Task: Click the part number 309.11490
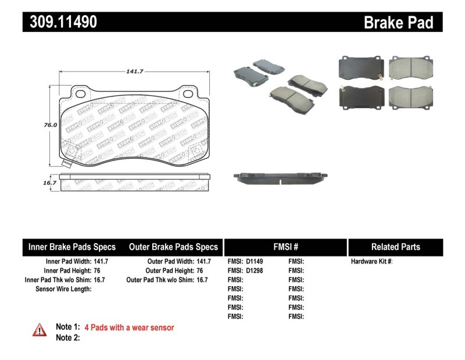click(60, 22)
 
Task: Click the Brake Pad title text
click(398, 23)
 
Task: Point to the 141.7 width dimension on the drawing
click(135, 71)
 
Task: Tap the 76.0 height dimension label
click(50, 124)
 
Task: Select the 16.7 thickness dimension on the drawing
click(50, 183)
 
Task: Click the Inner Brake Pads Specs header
click(72, 247)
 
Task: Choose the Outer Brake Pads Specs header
click(173, 247)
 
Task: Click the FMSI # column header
click(285, 247)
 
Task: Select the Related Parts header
click(395, 247)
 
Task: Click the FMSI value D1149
click(255, 262)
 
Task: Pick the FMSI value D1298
click(255, 270)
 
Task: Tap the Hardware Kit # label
click(371, 262)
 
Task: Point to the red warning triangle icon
click(39, 330)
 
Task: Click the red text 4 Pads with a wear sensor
click(129, 327)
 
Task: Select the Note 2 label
click(67, 337)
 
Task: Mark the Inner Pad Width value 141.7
click(101, 262)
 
